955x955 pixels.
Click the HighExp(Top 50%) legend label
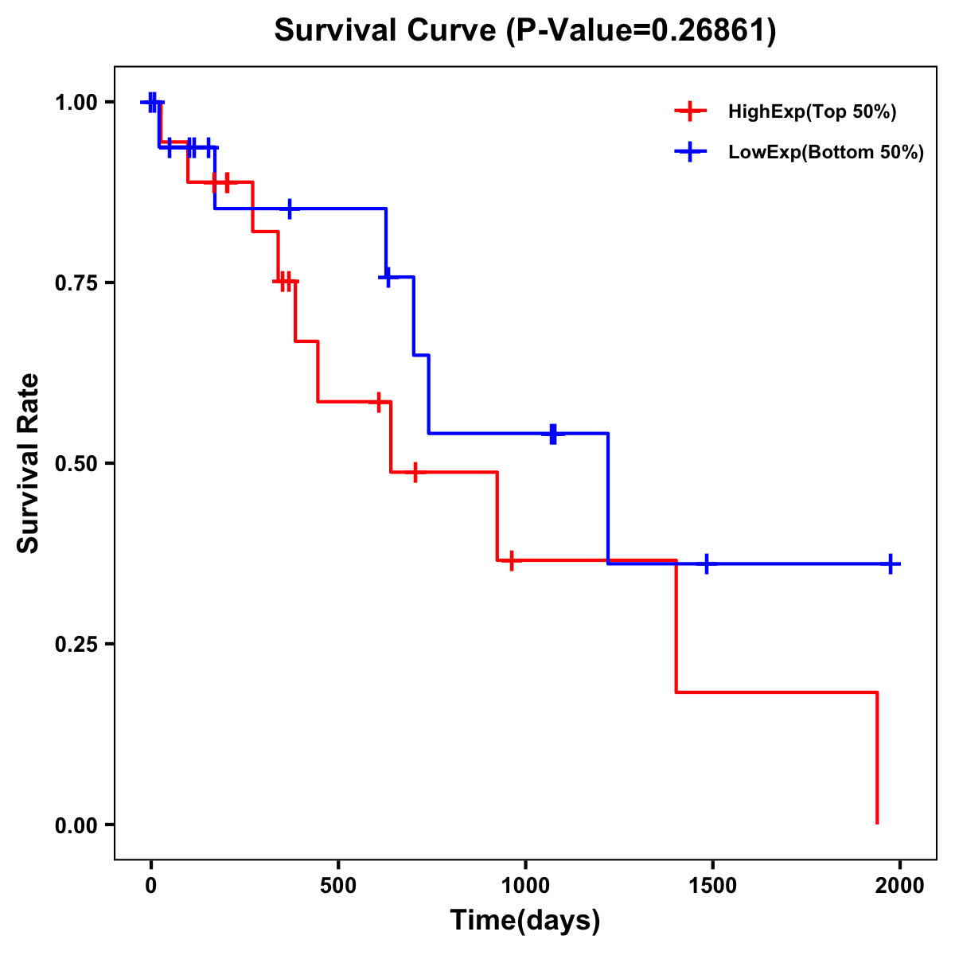(812, 112)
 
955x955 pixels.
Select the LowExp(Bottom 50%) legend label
(826, 153)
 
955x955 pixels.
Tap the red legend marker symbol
(690, 112)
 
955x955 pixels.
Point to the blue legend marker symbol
(690, 153)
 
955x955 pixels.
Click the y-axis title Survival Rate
(29, 462)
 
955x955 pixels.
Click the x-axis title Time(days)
(525, 921)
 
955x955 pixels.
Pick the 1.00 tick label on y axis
(76, 103)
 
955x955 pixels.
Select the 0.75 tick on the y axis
(76, 283)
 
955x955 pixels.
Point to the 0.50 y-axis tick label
(76, 464)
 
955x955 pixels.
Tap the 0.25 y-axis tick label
(76, 645)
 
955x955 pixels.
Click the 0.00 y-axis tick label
(76, 825)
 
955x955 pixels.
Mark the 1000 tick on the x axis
(525, 887)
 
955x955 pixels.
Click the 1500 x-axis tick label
(712, 887)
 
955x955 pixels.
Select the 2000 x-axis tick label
(900, 887)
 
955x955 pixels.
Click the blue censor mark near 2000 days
(891, 563)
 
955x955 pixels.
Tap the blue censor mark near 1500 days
(706, 563)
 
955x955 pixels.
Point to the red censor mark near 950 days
(512, 560)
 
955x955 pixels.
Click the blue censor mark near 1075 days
(553, 434)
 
